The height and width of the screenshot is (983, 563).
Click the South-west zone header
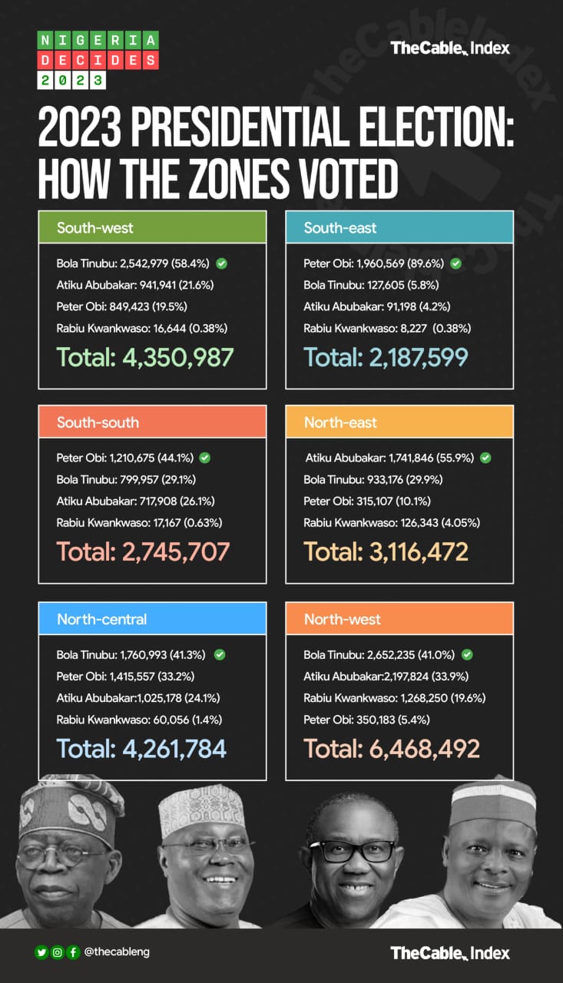pyautogui.click(x=152, y=227)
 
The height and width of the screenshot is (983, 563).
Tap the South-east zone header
pyautogui.click(x=399, y=227)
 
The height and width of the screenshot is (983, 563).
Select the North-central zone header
pyautogui.click(x=152, y=619)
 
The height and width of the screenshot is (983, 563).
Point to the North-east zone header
pyautogui.click(x=399, y=422)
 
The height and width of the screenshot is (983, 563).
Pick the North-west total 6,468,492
pyautogui.click(x=392, y=748)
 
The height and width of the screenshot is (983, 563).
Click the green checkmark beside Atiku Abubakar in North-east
pyautogui.click(x=485, y=458)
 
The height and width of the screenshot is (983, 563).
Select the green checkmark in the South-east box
pyautogui.click(x=455, y=263)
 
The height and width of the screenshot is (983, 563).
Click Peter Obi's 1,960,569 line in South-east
pyautogui.click(x=376, y=263)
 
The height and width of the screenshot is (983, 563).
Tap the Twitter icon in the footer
pyautogui.click(x=41, y=952)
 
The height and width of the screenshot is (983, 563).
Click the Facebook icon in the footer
pyautogui.click(x=73, y=952)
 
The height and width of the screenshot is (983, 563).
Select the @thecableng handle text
pyautogui.click(x=117, y=952)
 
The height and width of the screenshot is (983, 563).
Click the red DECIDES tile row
pyautogui.click(x=98, y=60)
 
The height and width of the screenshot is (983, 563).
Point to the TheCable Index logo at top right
pyautogui.click(x=450, y=48)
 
